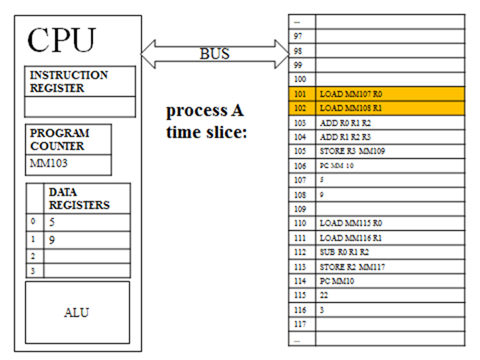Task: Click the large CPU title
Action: (x=61, y=41)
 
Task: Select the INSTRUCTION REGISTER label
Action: (x=68, y=81)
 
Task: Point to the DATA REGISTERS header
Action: (x=78, y=198)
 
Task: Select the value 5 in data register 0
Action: (x=51, y=222)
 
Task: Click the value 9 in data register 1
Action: (x=51, y=239)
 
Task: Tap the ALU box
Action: (x=77, y=312)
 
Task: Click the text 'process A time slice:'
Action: (x=206, y=121)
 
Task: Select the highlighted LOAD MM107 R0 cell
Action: (x=389, y=94)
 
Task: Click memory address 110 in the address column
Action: (x=300, y=224)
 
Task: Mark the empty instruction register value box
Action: (x=80, y=107)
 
